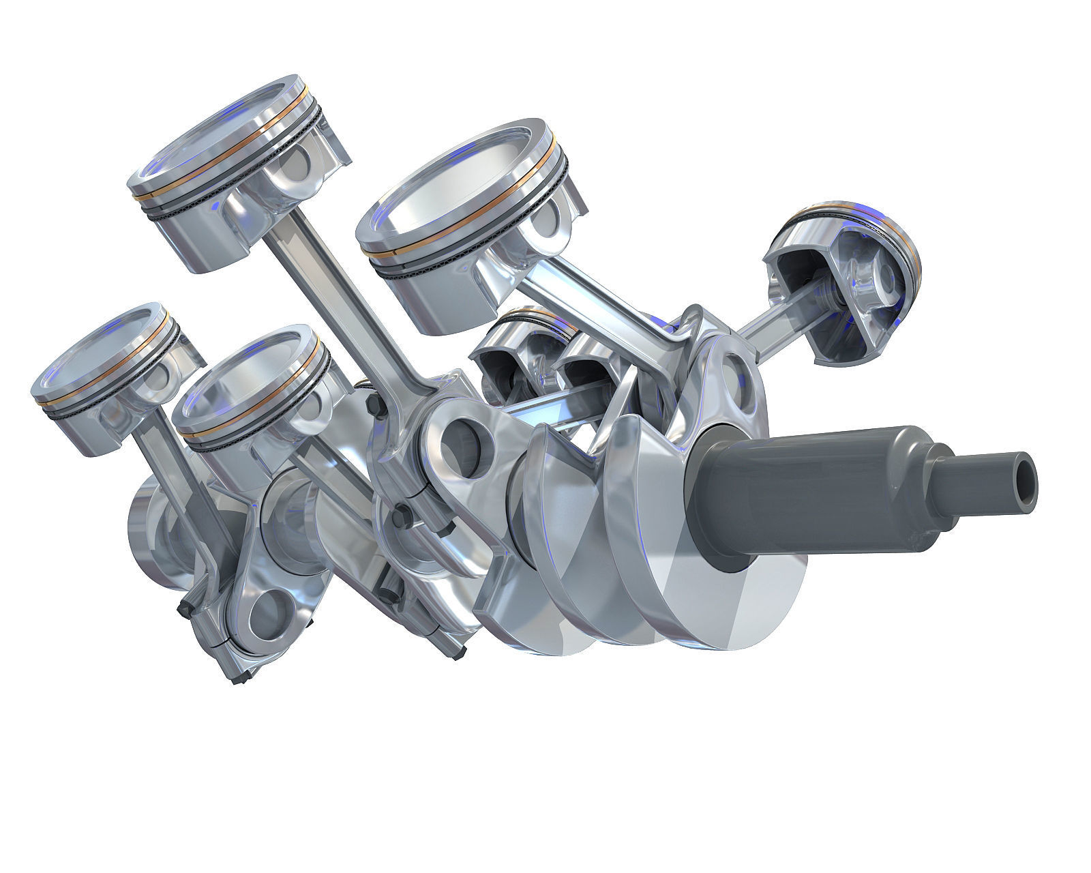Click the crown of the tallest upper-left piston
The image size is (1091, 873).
pos(228,140)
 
